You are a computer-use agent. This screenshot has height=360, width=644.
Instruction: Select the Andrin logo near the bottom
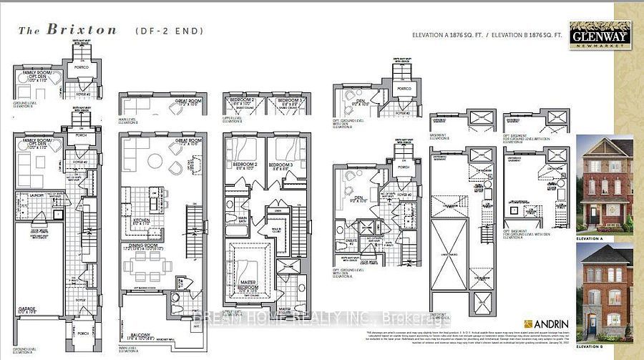coord(545,322)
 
